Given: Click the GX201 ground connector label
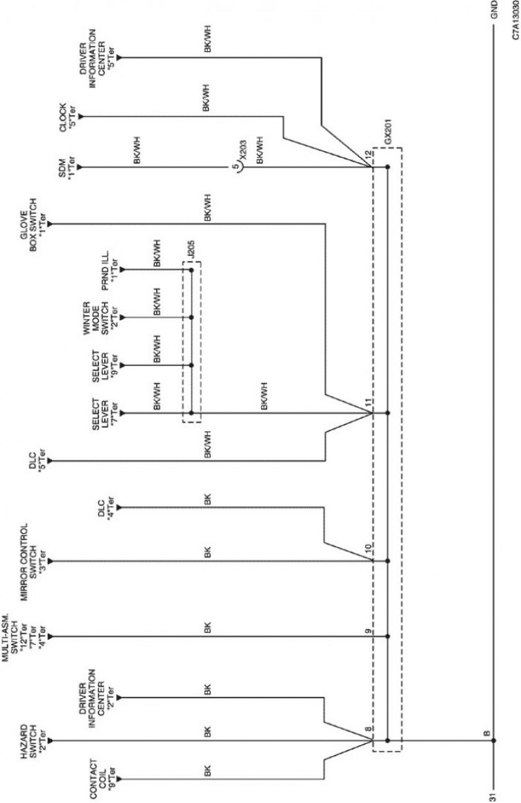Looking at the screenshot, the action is [x=388, y=132].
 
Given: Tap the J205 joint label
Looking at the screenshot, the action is [x=190, y=250].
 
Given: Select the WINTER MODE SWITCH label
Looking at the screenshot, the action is [x=96, y=318].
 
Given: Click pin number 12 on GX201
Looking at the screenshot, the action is [x=369, y=156].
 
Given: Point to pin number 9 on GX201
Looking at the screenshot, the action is [x=369, y=631].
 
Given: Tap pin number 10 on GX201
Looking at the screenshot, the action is [x=369, y=548].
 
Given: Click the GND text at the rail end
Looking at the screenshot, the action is [x=494, y=10].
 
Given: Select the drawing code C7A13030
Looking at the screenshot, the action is [x=514, y=20].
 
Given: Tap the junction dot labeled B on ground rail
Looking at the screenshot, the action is [x=494, y=740].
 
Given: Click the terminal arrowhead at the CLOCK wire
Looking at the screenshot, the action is [x=81, y=117].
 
